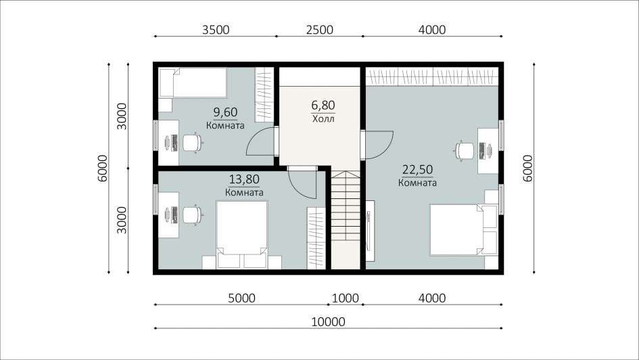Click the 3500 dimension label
(216, 30)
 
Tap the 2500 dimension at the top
(319, 30)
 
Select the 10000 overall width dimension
(328, 322)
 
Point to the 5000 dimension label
(241, 298)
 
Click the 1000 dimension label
(346, 298)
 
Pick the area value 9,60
(225, 112)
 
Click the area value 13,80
(244, 179)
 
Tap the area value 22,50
(417, 169)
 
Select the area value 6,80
(323, 105)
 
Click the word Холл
(323, 119)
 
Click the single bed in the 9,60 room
(192, 83)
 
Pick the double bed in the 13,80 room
(241, 234)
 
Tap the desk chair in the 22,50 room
(464, 150)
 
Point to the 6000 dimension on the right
(527, 168)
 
